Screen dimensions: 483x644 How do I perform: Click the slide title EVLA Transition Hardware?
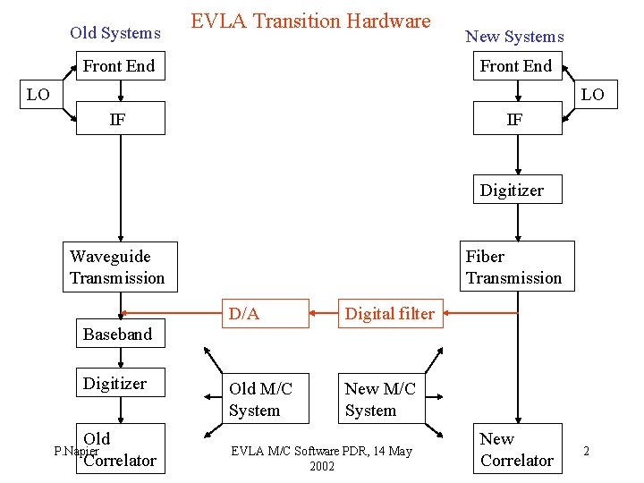coord(310,21)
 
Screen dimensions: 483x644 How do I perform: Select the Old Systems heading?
coord(115,33)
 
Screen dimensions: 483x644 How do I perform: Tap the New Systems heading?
coord(514,37)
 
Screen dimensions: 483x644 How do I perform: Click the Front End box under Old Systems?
coord(120,66)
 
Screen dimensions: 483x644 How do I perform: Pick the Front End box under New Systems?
coord(517,66)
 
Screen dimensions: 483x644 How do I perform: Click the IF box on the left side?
coord(120,119)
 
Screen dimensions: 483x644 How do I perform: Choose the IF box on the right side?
coord(517,119)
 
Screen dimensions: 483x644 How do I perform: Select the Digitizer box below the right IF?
coord(517,190)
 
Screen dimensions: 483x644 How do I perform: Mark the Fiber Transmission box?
coord(517,267)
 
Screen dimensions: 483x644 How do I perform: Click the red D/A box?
coord(266,314)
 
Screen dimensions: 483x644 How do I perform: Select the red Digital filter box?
coord(390,314)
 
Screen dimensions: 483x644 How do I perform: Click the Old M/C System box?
coord(266,399)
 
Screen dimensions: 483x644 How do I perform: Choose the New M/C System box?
coord(381,399)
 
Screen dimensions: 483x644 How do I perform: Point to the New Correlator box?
coord(517,450)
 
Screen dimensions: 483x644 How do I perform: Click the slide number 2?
coord(587,451)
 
